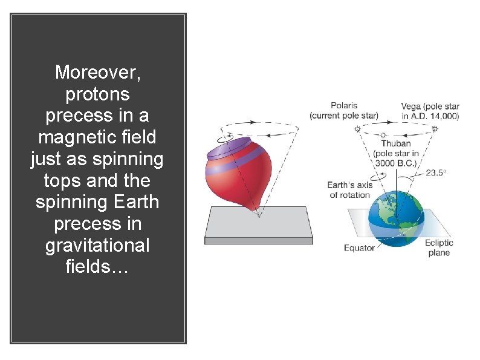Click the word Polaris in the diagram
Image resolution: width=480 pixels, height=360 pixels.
tap(344, 106)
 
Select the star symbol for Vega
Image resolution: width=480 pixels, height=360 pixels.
tap(435, 129)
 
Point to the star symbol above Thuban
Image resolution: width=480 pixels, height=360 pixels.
tap(383, 135)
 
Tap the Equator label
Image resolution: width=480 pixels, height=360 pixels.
tap(359, 248)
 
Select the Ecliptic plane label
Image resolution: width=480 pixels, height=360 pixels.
tap(439, 247)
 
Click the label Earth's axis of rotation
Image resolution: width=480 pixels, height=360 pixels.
tap(349, 190)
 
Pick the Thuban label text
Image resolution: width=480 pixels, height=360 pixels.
tap(396, 143)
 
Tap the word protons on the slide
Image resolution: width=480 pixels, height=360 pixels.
tap(97, 94)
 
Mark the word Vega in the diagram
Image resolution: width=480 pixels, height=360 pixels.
tap(412, 106)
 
